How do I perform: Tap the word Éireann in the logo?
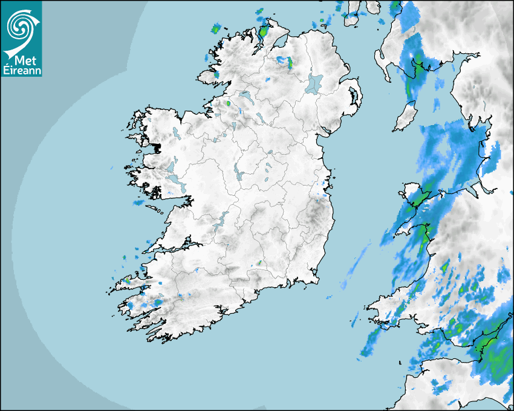22,70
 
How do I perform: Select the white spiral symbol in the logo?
20,27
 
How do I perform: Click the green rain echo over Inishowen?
264,30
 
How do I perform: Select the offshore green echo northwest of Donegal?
215,28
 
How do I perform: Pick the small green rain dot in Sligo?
229,103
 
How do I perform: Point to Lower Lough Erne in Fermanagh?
245,96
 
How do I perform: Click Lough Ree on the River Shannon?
238,172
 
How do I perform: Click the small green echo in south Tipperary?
259,263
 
